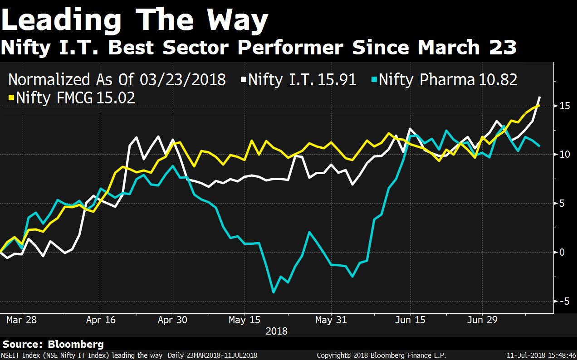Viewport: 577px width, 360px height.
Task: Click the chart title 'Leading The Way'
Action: tap(135, 20)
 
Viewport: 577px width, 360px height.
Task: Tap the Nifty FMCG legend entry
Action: tap(73, 98)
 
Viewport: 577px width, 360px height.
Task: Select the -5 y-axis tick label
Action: tap(563, 301)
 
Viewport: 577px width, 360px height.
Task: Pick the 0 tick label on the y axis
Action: tap(562, 252)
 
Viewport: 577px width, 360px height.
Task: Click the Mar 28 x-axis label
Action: tap(21, 320)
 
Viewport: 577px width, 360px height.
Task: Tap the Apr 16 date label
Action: tap(101, 320)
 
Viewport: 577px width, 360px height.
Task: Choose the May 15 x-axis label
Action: tap(244, 320)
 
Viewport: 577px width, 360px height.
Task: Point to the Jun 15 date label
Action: tap(410, 320)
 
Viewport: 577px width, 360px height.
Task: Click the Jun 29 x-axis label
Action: tap(482, 320)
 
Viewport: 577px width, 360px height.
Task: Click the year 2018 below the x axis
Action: tap(277, 331)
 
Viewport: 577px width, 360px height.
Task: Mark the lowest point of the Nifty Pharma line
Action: tap(274, 292)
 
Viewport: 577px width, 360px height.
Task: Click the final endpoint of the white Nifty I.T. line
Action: tap(539, 97)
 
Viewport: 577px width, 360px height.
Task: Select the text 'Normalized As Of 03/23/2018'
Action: tap(117, 80)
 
